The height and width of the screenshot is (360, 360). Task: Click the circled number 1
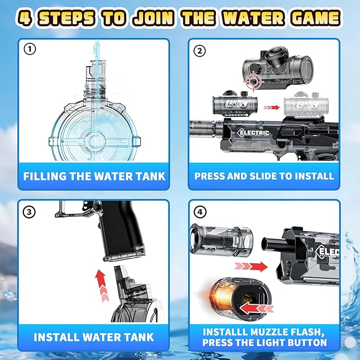[30, 49]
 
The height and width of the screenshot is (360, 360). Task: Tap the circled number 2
[200, 51]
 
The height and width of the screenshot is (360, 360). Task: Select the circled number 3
[29, 212]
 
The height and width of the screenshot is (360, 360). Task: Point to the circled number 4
[200, 212]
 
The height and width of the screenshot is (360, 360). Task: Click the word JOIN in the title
[154, 18]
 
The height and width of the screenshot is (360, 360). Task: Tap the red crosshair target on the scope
[254, 81]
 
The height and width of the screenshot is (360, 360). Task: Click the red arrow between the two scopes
[271, 108]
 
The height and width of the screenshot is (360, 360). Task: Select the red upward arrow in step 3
[101, 285]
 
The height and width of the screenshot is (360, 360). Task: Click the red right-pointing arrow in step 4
[251, 267]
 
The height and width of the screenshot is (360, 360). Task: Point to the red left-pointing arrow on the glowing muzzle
[257, 308]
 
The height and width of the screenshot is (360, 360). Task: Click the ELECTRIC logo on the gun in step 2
[254, 133]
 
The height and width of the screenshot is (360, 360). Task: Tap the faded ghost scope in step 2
[306, 104]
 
